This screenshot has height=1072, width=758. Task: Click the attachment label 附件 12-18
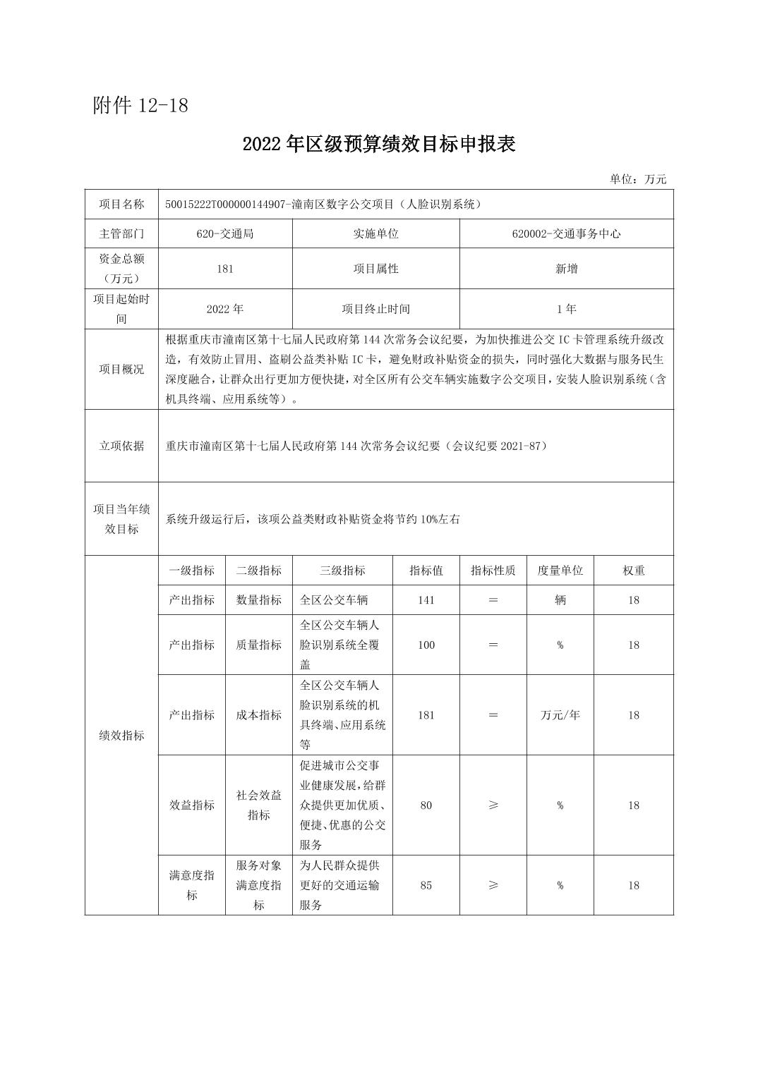140,106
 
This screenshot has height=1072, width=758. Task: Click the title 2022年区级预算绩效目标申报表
379,144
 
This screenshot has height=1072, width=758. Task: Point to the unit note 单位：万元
638,179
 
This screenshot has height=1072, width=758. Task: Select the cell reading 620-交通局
225,233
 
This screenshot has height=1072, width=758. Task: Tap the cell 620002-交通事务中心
566,233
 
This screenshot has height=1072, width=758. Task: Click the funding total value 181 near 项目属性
225,269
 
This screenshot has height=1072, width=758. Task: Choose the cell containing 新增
566,269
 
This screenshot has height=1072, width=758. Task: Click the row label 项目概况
121,369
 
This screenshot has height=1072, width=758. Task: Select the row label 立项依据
121,446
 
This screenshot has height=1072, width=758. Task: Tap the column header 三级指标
342,571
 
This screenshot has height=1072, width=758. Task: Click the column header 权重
633,571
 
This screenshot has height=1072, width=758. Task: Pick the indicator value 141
426,600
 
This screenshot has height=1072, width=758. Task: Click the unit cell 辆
560,600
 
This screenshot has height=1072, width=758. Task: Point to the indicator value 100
426,645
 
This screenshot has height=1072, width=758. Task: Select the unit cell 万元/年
560,715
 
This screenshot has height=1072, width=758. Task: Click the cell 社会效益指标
258,805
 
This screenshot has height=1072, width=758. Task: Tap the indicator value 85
426,885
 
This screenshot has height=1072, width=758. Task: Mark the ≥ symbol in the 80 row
493,805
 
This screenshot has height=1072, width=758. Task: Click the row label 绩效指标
121,735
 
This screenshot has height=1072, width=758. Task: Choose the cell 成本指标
258,715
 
